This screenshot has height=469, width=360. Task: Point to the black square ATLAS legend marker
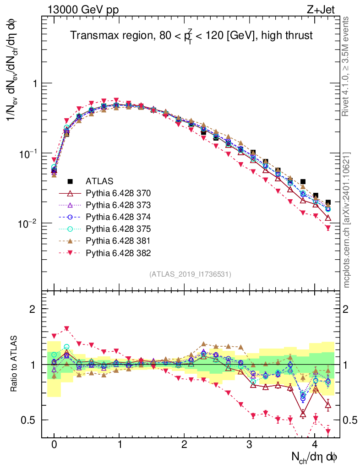[x=70, y=181]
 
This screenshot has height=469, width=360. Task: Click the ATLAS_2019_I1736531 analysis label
[x=190, y=274]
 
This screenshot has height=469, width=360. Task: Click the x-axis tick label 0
[x=54, y=445]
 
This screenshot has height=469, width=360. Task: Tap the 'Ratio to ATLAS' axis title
[x=14, y=364]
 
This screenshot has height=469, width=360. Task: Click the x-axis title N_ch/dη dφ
[x=315, y=457]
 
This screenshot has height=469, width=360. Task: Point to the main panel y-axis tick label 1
[x=33, y=83]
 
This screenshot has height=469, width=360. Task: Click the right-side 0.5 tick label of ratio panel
[x=350, y=420]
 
